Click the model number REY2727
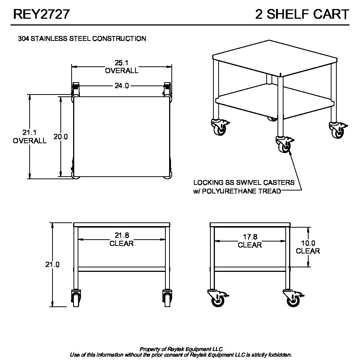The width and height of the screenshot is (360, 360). (x=41, y=14)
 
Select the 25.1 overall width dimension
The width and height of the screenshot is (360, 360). (x=121, y=67)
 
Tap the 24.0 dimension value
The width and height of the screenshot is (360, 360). (x=121, y=86)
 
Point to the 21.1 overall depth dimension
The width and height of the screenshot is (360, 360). (x=29, y=136)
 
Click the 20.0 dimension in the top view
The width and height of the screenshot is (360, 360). (x=61, y=136)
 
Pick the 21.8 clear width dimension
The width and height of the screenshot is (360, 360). (x=121, y=239)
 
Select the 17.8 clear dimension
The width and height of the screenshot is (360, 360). (x=250, y=241)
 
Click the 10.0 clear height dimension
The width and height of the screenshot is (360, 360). (x=308, y=247)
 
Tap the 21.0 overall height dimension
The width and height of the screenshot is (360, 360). (x=52, y=264)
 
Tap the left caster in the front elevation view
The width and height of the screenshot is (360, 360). (x=76, y=298)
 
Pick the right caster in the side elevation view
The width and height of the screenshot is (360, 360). (x=293, y=298)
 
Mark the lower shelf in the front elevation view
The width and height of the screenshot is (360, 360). (x=121, y=269)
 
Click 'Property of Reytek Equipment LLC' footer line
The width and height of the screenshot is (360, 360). (x=181, y=349)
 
